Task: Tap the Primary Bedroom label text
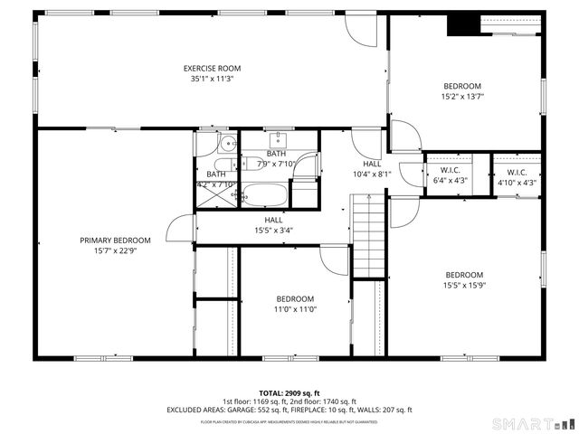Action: pyautogui.click(x=115, y=241)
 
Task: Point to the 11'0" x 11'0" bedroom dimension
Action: pyautogui.click(x=295, y=309)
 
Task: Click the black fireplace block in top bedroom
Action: pyautogui.click(x=462, y=25)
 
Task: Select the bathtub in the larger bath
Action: pyautogui.click(x=264, y=195)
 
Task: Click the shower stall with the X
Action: pyautogui.click(x=216, y=194)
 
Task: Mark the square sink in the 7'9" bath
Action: pyautogui.click(x=277, y=140)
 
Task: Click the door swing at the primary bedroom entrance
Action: pyautogui.click(x=182, y=229)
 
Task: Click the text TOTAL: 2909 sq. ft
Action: pyautogui.click(x=289, y=393)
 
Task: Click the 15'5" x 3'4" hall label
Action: pyautogui.click(x=272, y=230)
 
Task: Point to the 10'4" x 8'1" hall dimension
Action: pyautogui.click(x=372, y=174)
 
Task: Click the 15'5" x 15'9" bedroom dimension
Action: pyautogui.click(x=463, y=286)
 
